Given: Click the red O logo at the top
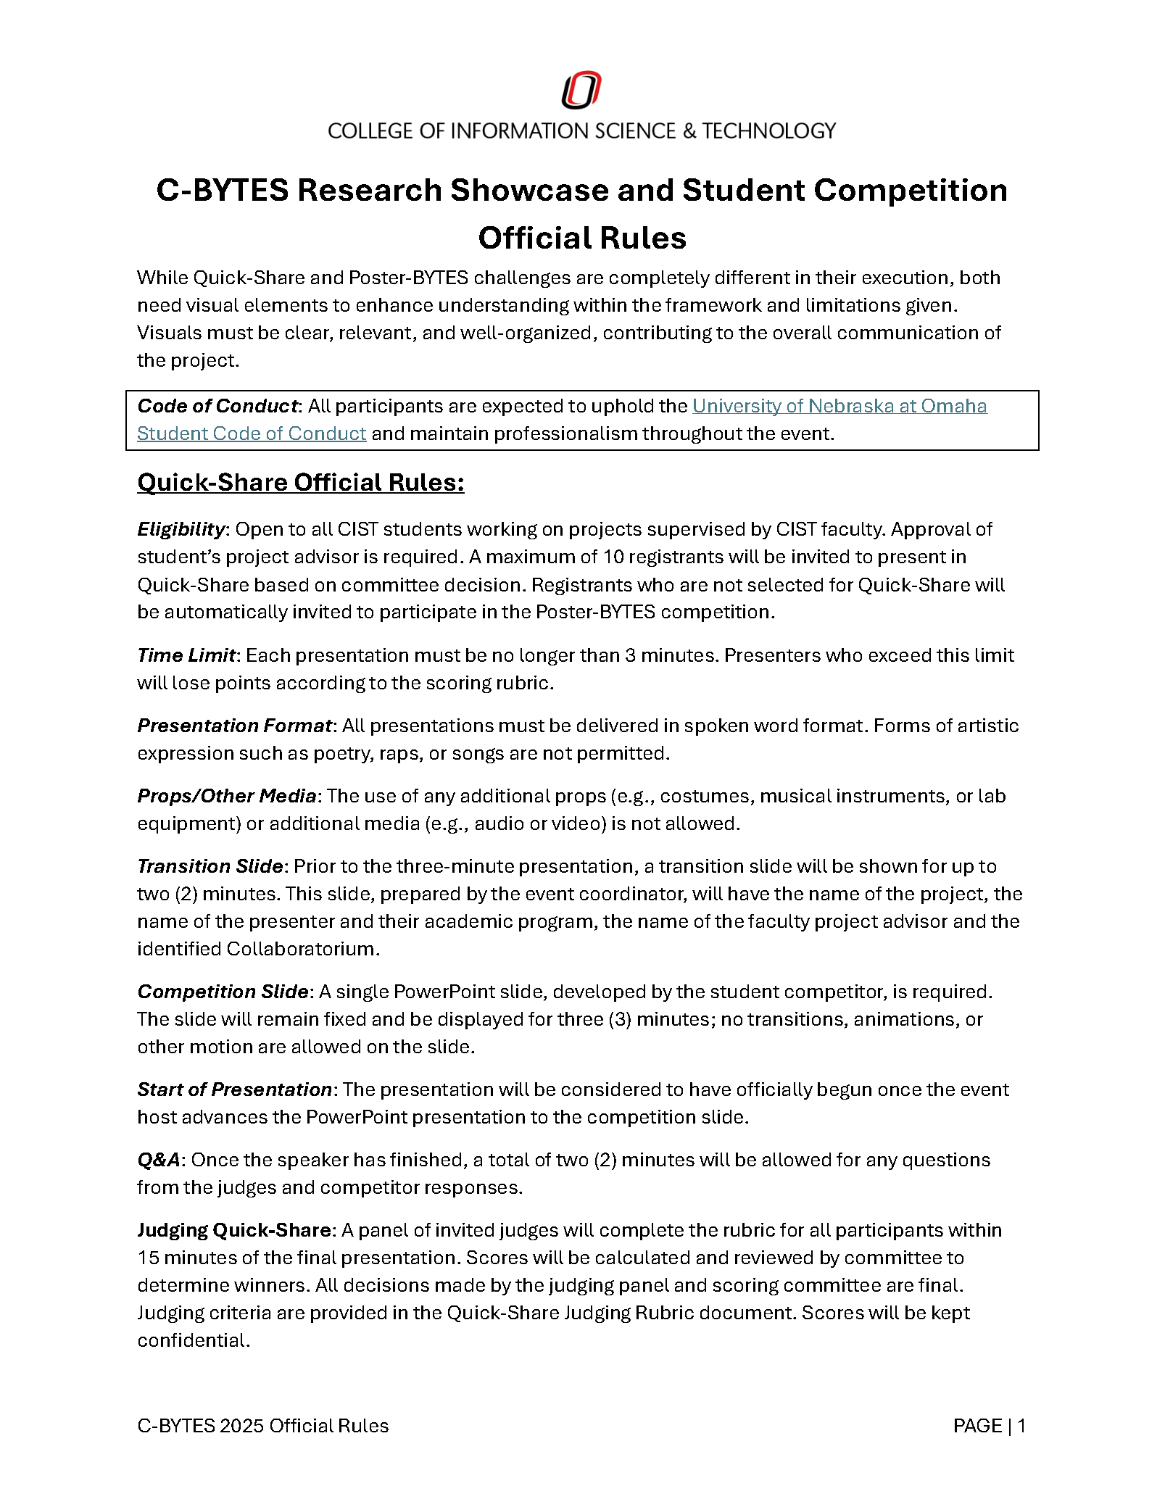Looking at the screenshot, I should (x=581, y=90).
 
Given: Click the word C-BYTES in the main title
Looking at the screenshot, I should (x=222, y=191).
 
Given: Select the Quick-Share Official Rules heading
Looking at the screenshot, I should (x=300, y=483).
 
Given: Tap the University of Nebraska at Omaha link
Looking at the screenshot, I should (x=839, y=406).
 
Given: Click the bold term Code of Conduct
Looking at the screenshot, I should (x=217, y=406).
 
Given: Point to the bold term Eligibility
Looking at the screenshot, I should (x=181, y=529).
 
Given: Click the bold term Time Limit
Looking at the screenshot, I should (x=186, y=655).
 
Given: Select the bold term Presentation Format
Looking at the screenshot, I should (x=234, y=726).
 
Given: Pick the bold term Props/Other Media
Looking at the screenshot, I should (x=226, y=796).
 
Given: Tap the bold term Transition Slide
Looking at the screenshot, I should (x=210, y=866).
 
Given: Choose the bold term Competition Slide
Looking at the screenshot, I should (x=223, y=992).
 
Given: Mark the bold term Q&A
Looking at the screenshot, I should (x=159, y=1160).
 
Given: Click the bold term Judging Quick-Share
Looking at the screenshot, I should (x=234, y=1230).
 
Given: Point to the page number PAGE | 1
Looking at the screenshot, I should (x=989, y=1426).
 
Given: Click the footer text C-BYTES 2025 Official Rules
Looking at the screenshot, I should (x=262, y=1426).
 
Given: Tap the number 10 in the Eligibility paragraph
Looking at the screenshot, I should (x=613, y=557).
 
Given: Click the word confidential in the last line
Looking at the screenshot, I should (x=193, y=1340).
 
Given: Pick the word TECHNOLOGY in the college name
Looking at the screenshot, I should (x=768, y=131).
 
